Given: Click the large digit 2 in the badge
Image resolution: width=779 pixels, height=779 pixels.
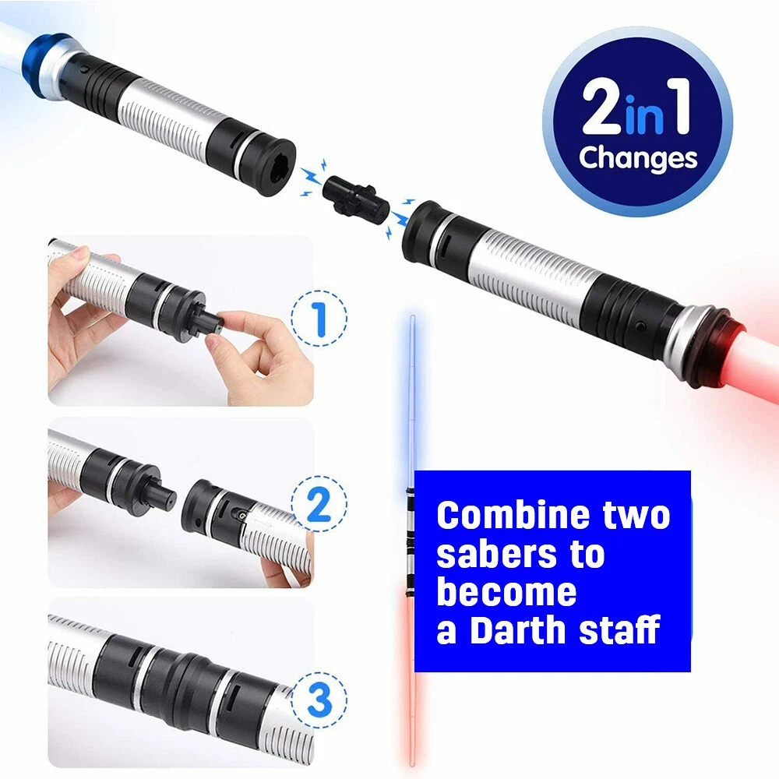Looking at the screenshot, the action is tap(601, 107).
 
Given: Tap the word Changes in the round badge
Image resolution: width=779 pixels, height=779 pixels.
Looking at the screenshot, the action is tap(638, 158).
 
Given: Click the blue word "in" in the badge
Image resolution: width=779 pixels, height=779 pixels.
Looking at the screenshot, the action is tap(645, 115).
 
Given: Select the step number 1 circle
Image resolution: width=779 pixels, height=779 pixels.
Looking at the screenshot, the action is tap(319, 319).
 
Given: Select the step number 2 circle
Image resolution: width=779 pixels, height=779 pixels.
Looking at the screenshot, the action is tap(319, 504).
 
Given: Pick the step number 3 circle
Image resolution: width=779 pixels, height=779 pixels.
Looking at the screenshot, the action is tap(319, 700).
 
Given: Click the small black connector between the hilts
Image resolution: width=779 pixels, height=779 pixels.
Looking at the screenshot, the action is tap(356, 199).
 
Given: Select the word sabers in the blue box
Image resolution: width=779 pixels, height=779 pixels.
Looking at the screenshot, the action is tap(497, 555).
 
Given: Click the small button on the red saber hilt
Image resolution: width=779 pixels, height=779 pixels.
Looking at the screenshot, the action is tap(641, 327).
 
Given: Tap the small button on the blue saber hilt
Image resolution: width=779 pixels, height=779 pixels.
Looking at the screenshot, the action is tap(85, 69).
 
